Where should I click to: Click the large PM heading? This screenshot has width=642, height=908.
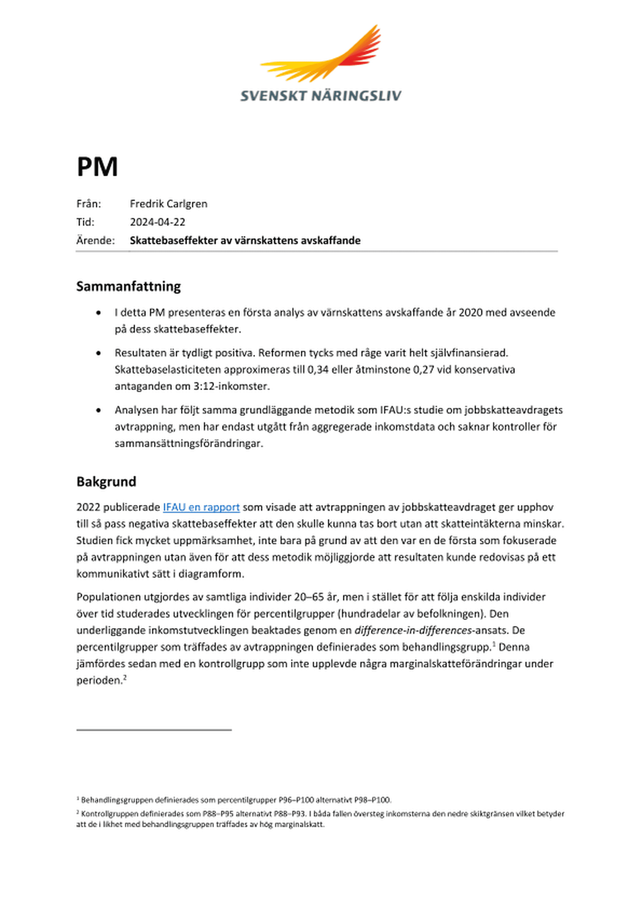click(97, 167)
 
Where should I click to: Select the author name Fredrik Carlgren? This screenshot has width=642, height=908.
click(169, 204)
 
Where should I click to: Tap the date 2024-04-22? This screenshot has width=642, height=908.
click(157, 222)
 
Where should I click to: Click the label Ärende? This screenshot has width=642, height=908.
click(95, 241)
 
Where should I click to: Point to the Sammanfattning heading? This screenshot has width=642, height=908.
click(128, 286)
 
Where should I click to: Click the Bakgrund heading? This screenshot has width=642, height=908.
click(106, 482)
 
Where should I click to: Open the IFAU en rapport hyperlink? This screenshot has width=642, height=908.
click(201, 507)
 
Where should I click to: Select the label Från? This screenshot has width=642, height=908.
click(89, 204)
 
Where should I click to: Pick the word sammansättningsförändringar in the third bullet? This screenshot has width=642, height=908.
click(189, 443)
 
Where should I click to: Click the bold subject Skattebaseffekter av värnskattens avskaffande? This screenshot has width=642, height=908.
click(245, 241)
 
